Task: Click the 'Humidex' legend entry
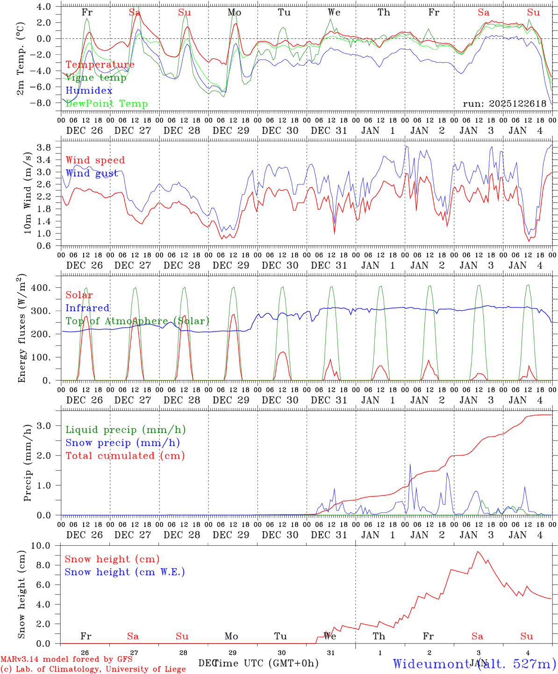point(89,91)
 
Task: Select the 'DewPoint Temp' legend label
point(107,104)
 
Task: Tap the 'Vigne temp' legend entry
point(96,78)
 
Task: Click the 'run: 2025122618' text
point(504,104)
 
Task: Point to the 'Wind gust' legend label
point(92,173)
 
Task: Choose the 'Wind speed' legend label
point(95,160)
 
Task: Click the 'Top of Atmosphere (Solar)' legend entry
point(137,321)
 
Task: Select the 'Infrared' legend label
point(87,308)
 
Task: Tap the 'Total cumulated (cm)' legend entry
point(125,455)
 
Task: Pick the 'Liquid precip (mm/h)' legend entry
point(126,430)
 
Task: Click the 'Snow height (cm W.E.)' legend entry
point(125,572)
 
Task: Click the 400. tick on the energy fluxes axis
point(41,288)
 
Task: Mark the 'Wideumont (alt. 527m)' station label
point(474,663)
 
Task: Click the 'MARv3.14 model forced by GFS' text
point(66,659)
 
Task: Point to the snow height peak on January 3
point(477,551)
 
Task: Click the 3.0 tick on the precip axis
point(45,425)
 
